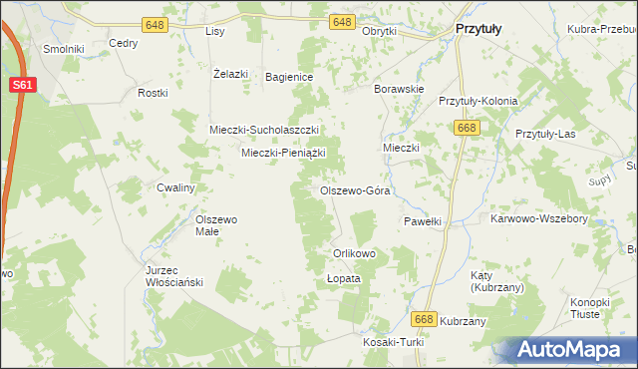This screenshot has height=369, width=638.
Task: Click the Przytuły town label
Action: (x=478, y=30)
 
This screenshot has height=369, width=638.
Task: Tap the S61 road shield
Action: (x=25, y=86)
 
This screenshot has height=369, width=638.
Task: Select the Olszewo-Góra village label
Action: (x=354, y=190)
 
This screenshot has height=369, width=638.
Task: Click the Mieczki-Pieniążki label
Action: (x=284, y=153)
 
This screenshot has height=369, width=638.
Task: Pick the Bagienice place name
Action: (x=290, y=77)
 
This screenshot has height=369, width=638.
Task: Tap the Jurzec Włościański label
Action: (x=174, y=276)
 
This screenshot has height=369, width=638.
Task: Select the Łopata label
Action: (x=343, y=279)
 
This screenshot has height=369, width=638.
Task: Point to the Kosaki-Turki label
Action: (x=394, y=342)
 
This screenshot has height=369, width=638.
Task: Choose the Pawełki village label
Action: (x=422, y=221)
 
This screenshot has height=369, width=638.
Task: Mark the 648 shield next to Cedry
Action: (x=155, y=23)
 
